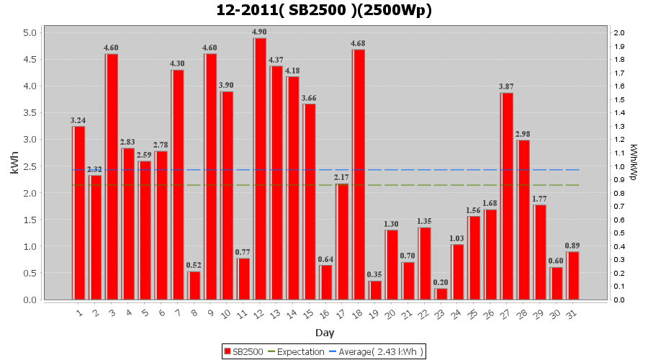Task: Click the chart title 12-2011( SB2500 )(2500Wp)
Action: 324,10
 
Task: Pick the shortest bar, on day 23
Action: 441,294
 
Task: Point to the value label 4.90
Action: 260,32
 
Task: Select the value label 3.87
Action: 507,86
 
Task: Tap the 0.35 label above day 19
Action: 375,274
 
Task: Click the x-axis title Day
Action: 325,333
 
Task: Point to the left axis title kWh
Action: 14,166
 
